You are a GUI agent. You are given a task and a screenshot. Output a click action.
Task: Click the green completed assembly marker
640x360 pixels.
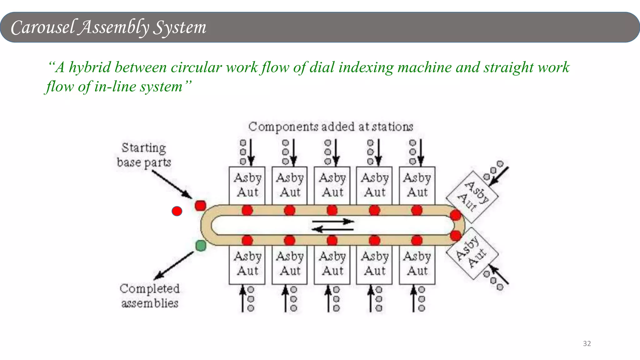[x=201, y=246]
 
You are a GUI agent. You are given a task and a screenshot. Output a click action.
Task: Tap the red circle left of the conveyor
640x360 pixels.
[x=177, y=211]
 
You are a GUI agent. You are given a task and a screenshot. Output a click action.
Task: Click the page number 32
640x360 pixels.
[x=587, y=343]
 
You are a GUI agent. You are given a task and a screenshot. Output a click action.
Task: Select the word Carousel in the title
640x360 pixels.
[x=43, y=27]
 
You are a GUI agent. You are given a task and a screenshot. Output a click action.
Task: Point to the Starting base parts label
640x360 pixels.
[x=144, y=155]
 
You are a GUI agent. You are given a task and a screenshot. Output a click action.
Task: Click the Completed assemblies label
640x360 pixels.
[x=150, y=296]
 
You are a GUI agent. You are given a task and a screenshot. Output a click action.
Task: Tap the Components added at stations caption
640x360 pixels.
[x=331, y=127]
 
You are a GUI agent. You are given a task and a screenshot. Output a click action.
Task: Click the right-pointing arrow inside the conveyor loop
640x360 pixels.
[x=333, y=222]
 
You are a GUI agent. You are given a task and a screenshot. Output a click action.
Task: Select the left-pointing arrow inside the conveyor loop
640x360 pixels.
[x=332, y=230]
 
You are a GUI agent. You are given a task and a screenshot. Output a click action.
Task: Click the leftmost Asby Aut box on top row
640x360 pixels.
[x=247, y=185]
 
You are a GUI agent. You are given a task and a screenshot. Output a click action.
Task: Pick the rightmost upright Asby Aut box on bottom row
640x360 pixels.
[x=417, y=264]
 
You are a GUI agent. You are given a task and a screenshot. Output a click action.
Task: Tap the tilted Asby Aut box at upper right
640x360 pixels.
[x=472, y=196]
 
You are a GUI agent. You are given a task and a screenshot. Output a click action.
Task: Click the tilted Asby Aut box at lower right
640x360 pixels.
[x=472, y=253]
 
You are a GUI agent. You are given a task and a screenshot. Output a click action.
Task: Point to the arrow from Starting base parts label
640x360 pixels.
[x=172, y=185]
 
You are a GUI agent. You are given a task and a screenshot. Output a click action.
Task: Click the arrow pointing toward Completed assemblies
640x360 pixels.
[x=174, y=266]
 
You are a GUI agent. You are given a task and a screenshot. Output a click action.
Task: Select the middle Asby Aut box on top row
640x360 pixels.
[x=332, y=185]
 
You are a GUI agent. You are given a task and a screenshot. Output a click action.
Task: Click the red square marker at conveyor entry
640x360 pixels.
[x=200, y=206]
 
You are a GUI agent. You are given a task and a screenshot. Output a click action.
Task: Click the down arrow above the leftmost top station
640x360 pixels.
[x=251, y=152]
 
